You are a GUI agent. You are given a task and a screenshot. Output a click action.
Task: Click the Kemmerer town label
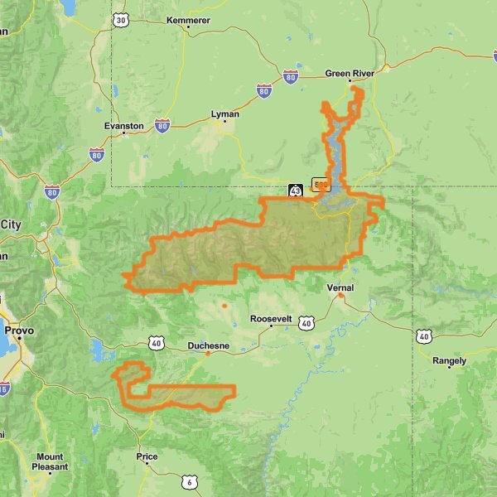click(188, 20)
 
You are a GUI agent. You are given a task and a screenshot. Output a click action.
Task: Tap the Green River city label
click(350, 73)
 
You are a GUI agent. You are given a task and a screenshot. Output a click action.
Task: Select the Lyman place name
click(224, 113)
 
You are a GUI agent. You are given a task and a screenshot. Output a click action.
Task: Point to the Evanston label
click(124, 126)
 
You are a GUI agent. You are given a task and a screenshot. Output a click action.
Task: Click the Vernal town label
click(340, 287)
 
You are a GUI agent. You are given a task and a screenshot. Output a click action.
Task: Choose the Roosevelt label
click(271, 319)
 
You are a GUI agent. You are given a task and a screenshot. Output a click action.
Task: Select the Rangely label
click(450, 360)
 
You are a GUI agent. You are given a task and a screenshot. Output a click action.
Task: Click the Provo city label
click(18, 330)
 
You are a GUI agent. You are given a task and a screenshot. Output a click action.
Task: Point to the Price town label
click(147, 456)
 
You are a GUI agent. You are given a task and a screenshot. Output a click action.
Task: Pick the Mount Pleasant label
click(50, 461)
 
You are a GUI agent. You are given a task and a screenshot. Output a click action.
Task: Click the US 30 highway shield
click(121, 20)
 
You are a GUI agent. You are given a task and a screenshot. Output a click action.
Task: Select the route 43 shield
click(295, 191)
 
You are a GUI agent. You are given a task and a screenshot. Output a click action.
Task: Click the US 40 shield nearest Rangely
click(424, 335)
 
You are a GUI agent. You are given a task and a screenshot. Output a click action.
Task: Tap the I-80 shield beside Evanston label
click(162, 125)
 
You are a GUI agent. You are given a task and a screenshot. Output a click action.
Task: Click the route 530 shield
click(321, 183)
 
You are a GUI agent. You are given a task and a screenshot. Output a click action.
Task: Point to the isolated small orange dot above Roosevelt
click(224, 306)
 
